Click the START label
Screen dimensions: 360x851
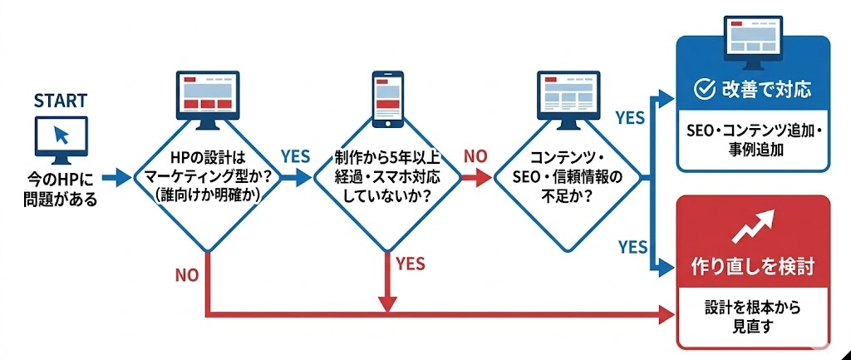60,101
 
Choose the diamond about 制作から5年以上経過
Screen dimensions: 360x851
386,177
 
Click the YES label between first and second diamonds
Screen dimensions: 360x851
295,156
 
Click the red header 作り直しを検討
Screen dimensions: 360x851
753,267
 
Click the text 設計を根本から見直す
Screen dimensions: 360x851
753,318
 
